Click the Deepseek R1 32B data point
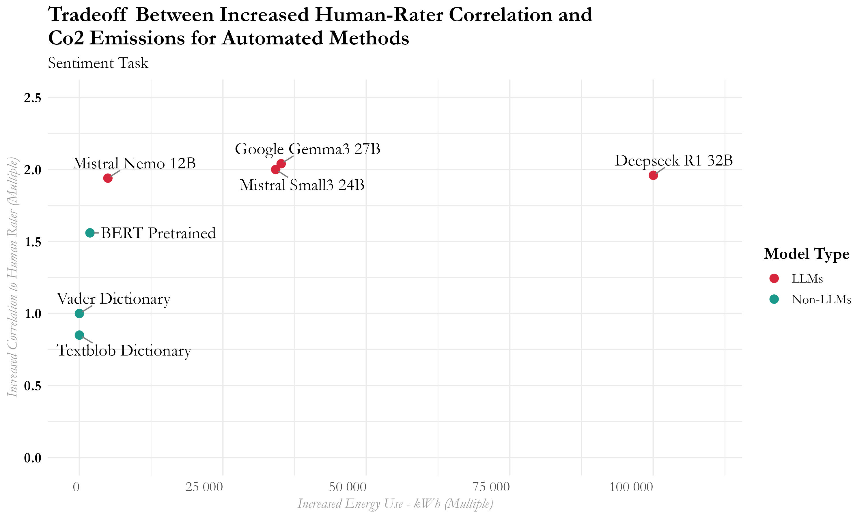point(653,175)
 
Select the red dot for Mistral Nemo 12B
point(108,178)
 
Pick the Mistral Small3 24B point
point(275,170)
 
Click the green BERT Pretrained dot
point(90,233)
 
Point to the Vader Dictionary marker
point(79,313)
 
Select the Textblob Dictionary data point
point(79,335)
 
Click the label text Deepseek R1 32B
point(673,161)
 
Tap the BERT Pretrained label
point(158,233)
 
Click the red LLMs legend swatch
point(774,278)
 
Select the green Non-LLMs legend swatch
point(774,299)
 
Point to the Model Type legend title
point(807,253)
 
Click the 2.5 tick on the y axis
point(33,98)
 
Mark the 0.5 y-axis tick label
point(33,386)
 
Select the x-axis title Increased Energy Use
point(395,504)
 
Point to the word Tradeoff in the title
point(87,15)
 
